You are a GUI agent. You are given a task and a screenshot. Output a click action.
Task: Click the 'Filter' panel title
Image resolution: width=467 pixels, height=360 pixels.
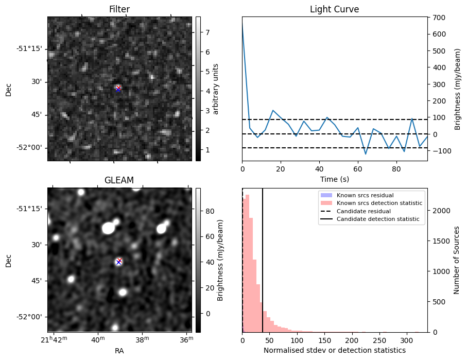point(119,9)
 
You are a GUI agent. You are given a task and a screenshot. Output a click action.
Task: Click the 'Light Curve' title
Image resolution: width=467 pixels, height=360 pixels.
point(334,9)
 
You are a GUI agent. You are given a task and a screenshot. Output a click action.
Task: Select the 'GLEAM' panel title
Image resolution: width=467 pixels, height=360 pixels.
point(119,180)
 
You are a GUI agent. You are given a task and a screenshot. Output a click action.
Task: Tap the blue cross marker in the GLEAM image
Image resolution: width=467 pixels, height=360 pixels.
point(118,262)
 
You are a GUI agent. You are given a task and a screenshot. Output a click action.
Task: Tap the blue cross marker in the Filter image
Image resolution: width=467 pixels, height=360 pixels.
point(118,89)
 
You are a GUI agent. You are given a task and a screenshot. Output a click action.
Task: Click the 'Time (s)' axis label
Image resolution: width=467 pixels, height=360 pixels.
point(334,178)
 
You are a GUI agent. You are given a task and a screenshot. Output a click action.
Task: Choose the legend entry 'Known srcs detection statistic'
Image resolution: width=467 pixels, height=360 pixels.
point(379,203)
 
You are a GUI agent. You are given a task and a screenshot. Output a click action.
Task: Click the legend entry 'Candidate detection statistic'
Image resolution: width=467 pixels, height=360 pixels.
point(377,219)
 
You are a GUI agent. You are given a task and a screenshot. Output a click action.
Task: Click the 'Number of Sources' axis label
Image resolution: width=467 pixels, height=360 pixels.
point(457,260)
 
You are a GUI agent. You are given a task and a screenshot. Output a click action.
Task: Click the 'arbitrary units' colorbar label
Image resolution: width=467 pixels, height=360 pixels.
point(216,89)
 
